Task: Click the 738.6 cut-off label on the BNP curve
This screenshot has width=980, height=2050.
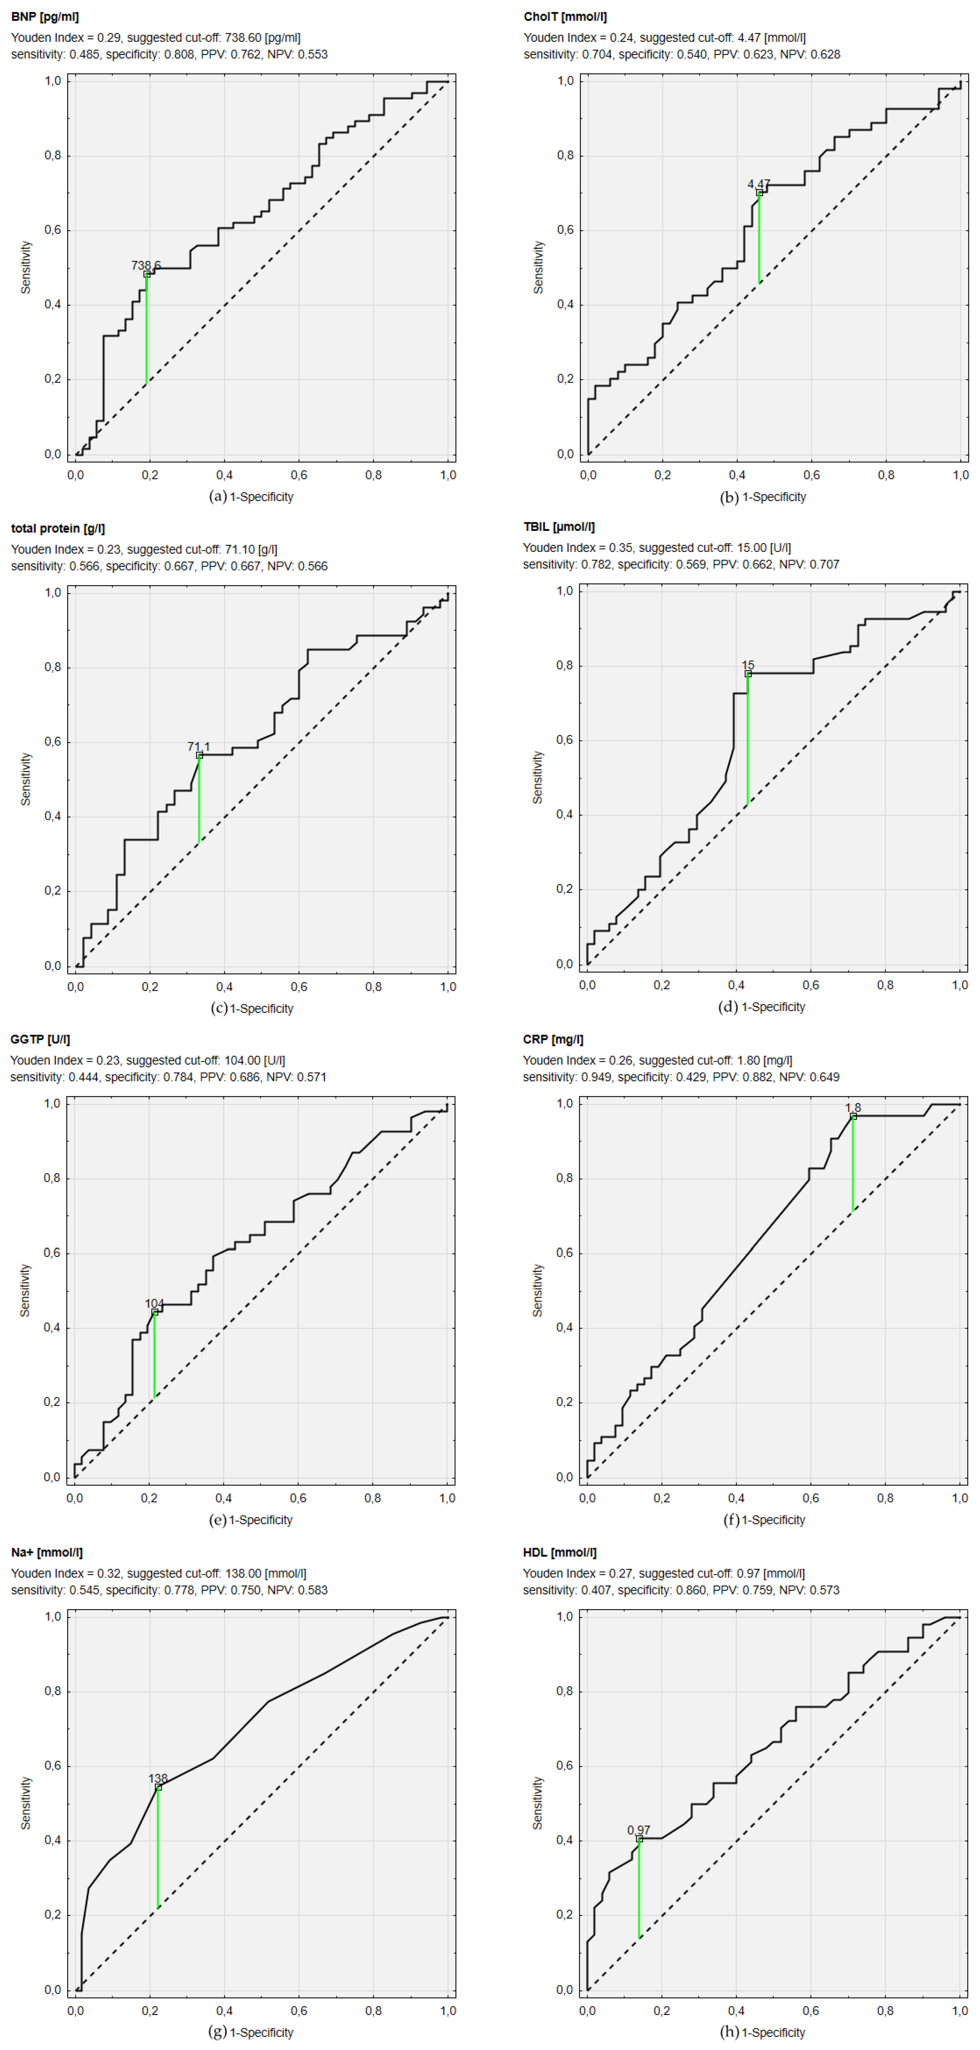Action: point(146,265)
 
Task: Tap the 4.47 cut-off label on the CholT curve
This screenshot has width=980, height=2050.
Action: point(759,184)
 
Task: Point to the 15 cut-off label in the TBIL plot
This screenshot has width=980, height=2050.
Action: point(748,664)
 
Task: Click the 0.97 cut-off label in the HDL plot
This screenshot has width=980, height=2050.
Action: point(638,1830)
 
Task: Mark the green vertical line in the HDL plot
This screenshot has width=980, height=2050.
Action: point(638,1888)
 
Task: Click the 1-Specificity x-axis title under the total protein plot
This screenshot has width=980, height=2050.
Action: point(262,1008)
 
